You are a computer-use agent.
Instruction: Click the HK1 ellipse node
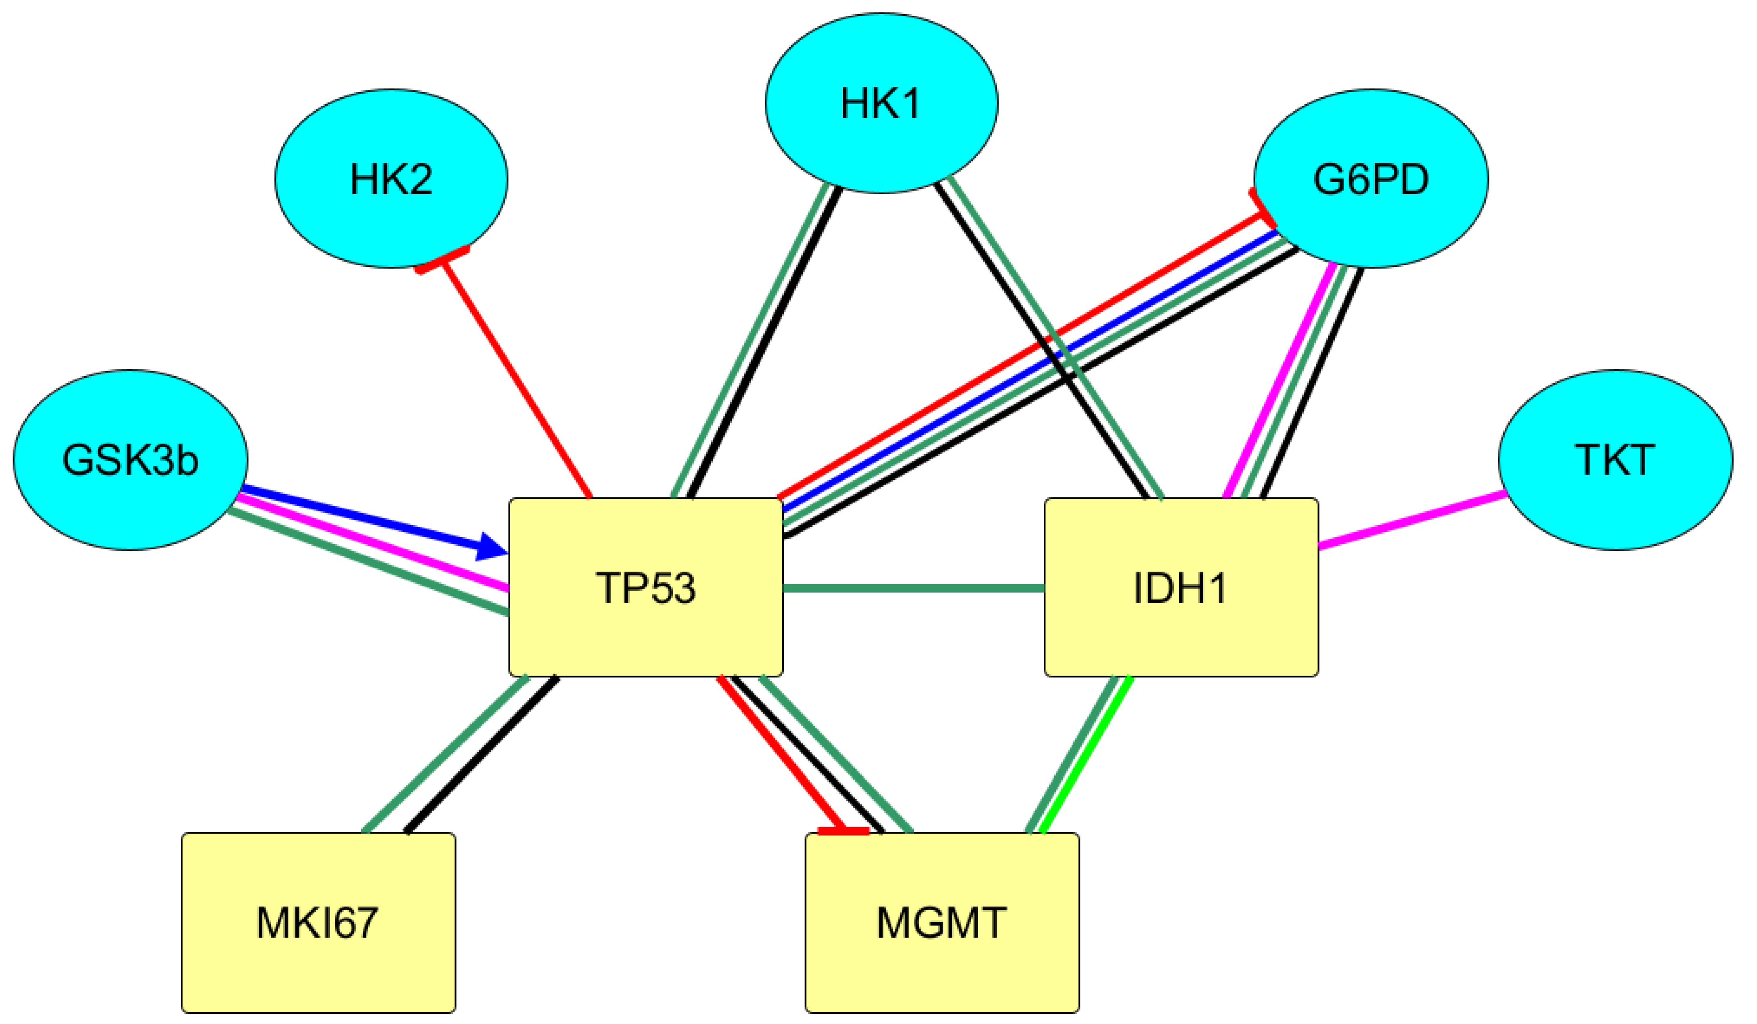881,103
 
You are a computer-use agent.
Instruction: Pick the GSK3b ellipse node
130,460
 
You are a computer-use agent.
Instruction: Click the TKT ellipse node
1615,460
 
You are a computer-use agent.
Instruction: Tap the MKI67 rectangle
318,922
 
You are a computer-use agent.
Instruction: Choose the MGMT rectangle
942,922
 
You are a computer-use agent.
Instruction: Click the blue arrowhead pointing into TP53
492,547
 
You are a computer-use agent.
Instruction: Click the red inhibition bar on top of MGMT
844,830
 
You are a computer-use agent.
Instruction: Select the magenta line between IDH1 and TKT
1412,520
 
